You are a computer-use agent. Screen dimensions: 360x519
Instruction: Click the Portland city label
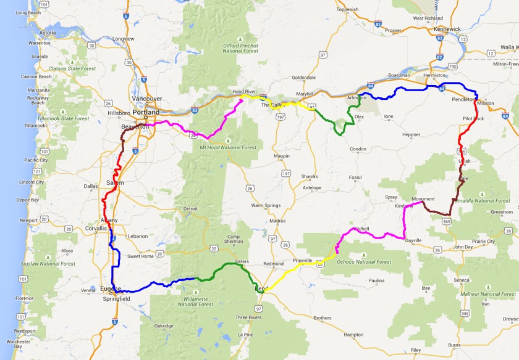145,112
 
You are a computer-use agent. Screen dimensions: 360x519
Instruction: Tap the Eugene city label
109,288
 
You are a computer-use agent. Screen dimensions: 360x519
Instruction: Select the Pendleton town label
463,99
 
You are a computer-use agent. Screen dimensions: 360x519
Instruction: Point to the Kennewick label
447,29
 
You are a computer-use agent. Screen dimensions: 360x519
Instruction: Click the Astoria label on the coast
48,33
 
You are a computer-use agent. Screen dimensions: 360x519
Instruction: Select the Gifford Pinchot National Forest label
241,48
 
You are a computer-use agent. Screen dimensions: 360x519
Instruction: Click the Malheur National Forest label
485,294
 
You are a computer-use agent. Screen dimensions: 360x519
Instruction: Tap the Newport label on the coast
28,220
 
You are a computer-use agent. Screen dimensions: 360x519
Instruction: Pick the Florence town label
25,298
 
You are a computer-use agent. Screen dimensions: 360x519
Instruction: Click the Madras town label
277,221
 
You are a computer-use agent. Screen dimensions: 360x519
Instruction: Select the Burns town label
454,345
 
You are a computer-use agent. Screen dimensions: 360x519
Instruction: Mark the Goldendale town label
304,77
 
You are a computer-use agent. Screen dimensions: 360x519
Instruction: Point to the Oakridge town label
164,325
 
